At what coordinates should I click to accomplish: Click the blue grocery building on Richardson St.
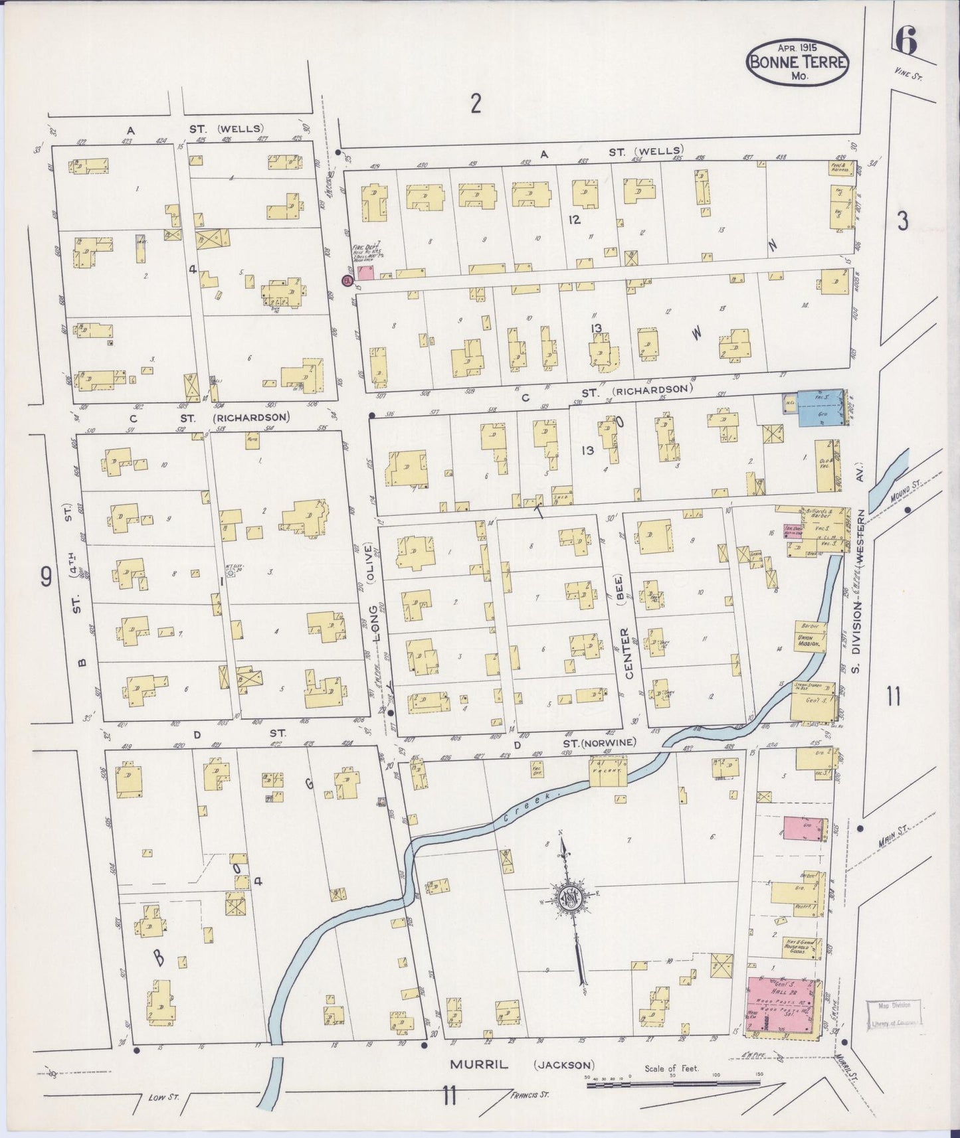[818, 407]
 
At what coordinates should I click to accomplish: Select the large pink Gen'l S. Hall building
[783, 1005]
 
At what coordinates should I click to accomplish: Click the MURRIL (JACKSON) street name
[522, 1064]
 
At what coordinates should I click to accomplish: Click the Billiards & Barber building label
[818, 515]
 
